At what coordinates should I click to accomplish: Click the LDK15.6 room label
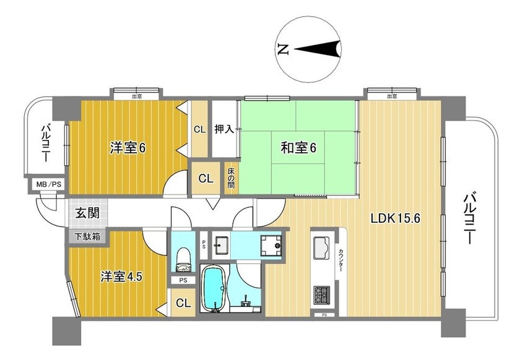pos(396,218)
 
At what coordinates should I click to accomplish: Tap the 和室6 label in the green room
pos(298,147)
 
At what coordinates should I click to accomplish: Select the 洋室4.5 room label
pos(122,276)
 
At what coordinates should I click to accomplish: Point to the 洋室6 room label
pos(128,148)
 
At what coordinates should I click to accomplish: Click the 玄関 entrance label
pos(87,213)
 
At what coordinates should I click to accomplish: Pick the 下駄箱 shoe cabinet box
pos(87,237)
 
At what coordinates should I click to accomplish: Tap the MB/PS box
pos(48,184)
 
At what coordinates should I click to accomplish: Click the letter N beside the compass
pos(283,49)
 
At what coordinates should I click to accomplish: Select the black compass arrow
pos(318,49)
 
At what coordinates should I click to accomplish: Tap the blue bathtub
pos(215,289)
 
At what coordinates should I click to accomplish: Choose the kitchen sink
pos(321,248)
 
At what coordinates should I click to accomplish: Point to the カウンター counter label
pos(341,260)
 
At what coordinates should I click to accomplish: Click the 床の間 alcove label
pos(230,178)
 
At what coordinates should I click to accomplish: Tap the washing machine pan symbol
pos(271,246)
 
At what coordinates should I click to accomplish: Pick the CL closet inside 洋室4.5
pos(183,302)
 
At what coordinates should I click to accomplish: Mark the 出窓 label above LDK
pos(392,96)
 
